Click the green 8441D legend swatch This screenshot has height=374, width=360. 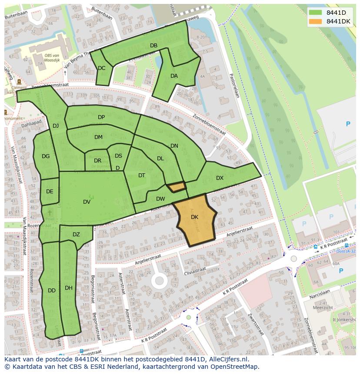coord(315,13)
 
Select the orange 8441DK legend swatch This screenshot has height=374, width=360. coord(315,21)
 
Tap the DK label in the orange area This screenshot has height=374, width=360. coord(194,217)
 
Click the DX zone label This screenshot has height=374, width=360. coord(220,178)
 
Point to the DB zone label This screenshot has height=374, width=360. coord(153,46)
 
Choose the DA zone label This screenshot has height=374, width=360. coord(174,76)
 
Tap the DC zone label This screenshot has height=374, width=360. coord(101,68)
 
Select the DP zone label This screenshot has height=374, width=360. coord(101,117)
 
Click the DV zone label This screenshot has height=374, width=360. coord(87,202)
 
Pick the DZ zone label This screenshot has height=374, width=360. coord(76,235)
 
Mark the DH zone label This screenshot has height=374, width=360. coord(68,288)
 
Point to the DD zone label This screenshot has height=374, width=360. coord(51,291)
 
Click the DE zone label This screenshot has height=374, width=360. coord(50,192)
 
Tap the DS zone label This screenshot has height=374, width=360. coord(118,156)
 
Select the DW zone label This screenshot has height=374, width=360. coord(160,199)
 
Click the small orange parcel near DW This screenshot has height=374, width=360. coord(177,187)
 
